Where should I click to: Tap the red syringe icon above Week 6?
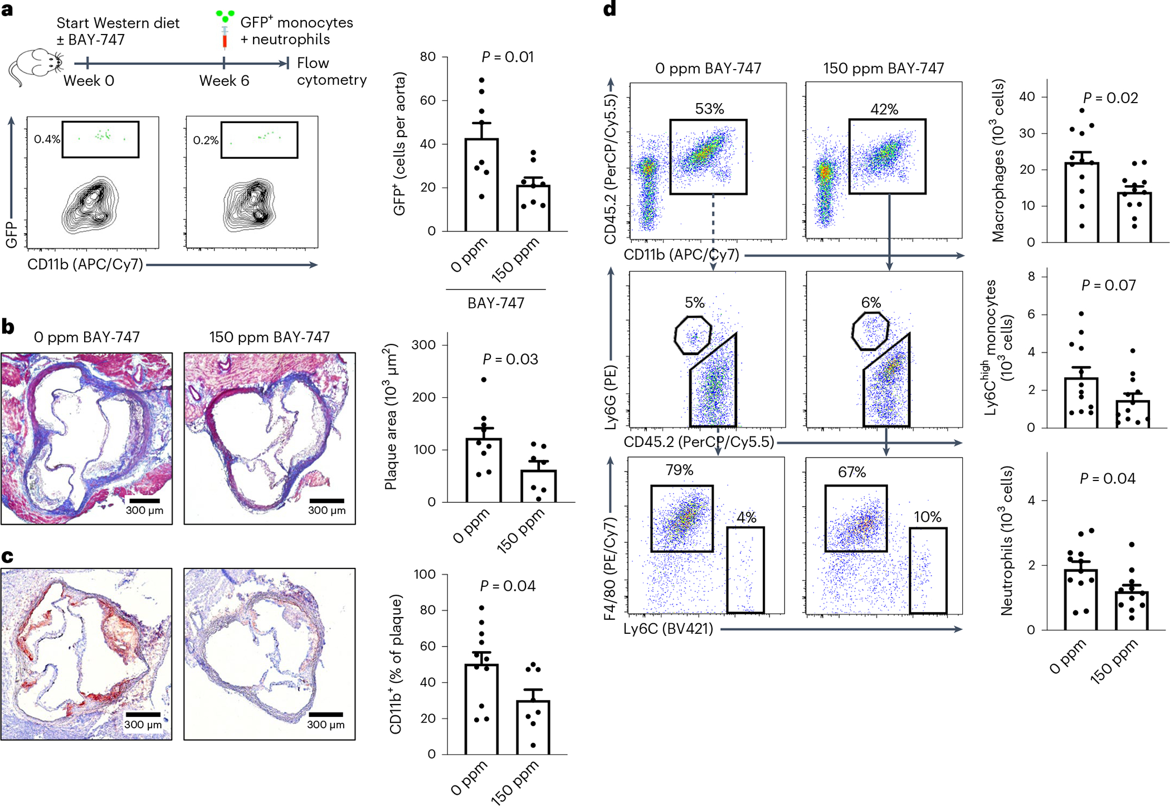225,39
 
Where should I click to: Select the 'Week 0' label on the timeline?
89,81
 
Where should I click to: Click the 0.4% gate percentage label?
47,139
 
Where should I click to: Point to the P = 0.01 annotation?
508,57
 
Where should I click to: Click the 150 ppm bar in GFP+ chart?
533,207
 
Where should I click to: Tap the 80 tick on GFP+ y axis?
428,57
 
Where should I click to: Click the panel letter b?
8,327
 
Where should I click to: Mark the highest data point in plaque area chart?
484,380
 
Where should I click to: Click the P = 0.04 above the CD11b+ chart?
508,586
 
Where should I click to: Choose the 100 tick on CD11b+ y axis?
425,574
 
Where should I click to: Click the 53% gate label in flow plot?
709,109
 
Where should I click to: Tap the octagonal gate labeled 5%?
693,335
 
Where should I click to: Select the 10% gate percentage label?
928,517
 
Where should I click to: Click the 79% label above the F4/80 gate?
679,470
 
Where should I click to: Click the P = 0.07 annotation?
1108,285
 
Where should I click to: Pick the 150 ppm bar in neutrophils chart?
1132,610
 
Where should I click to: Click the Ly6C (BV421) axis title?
668,629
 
